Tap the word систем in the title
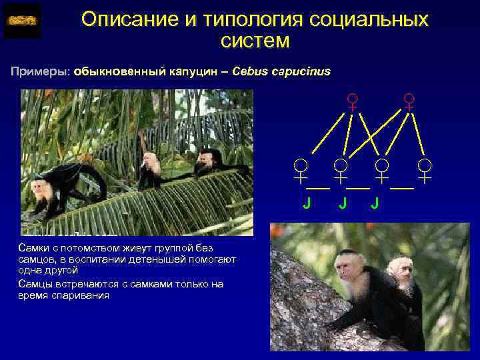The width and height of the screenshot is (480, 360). click(255, 41)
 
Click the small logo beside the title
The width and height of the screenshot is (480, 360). click(22, 21)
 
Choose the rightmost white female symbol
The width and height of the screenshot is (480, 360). click(425, 171)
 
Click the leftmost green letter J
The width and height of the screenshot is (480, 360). click(306, 203)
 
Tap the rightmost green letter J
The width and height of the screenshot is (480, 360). click(375, 203)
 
